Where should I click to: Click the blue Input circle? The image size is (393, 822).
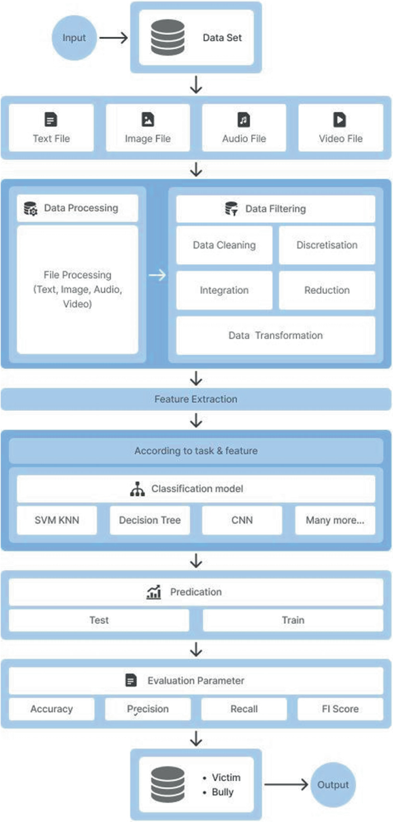click(74, 38)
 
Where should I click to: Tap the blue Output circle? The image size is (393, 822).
click(333, 784)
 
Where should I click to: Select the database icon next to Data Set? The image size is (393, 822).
click(168, 37)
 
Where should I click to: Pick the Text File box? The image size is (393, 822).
click(51, 128)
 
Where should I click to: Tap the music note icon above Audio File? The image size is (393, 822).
click(244, 119)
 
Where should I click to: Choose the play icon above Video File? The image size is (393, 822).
click(340, 119)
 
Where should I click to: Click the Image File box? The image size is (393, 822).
click(147, 128)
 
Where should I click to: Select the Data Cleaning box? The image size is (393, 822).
click(224, 245)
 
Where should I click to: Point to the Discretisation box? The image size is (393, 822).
click(327, 245)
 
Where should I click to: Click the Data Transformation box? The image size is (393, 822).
click(275, 336)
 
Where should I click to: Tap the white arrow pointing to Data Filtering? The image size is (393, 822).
click(157, 276)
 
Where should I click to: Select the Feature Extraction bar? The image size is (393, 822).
click(196, 399)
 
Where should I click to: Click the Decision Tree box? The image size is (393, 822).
click(150, 520)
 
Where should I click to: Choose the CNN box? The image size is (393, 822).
click(242, 520)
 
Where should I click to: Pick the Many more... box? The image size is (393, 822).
click(335, 520)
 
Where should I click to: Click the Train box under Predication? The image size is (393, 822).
click(293, 620)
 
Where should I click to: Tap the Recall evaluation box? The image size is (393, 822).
click(244, 709)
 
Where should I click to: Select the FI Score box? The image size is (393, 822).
click(340, 709)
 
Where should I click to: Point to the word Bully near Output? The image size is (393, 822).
click(223, 792)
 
